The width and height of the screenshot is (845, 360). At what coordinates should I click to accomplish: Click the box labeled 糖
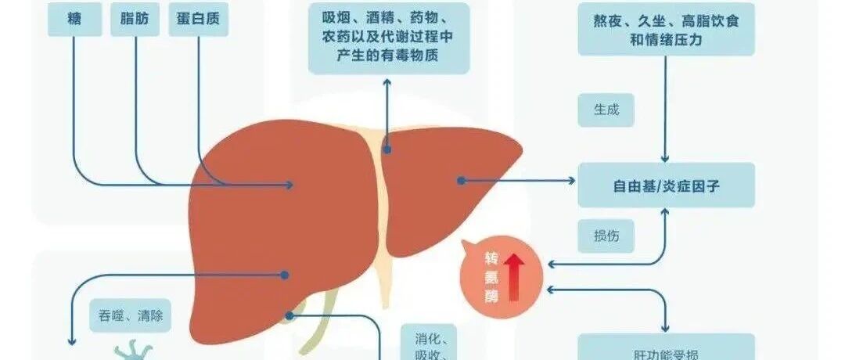[x=74, y=19]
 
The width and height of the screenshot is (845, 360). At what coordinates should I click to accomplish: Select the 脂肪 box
[x=136, y=19]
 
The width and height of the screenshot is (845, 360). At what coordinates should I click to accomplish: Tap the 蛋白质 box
[x=199, y=19]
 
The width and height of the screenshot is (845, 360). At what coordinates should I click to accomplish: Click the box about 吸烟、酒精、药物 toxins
[x=389, y=38]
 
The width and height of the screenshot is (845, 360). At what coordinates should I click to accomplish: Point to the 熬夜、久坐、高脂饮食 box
[x=666, y=30]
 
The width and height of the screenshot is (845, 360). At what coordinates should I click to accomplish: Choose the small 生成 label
[x=606, y=110]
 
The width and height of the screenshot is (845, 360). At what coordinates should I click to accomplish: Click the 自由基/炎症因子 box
[x=666, y=185]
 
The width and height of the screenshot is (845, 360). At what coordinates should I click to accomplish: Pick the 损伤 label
[x=606, y=236]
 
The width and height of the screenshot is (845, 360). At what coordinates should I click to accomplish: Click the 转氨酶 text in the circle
[x=491, y=275]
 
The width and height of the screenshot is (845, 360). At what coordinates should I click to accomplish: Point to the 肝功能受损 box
[x=666, y=351]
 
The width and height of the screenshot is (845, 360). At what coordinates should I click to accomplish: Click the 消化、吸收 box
[x=430, y=344]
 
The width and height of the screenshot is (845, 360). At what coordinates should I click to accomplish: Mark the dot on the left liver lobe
[x=462, y=181]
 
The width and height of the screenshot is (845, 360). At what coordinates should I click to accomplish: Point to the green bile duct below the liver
[x=317, y=329]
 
